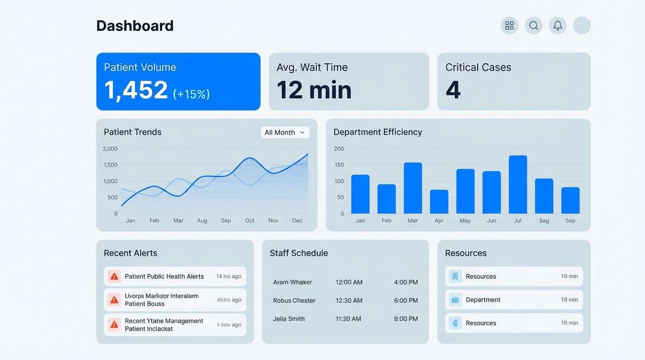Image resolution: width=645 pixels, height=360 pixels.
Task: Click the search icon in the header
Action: (x=533, y=26)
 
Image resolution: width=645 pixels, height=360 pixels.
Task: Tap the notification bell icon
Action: (x=558, y=26)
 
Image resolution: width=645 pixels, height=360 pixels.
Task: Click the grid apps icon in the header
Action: (x=510, y=26)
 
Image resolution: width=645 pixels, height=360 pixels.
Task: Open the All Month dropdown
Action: (x=285, y=133)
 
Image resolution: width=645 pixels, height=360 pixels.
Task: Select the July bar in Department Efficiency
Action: (x=518, y=185)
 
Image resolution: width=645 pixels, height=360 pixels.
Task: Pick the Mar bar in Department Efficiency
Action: (x=413, y=188)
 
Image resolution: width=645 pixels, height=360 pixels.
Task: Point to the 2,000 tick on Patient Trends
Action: (x=110, y=149)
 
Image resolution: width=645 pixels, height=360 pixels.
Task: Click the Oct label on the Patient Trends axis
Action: (x=250, y=221)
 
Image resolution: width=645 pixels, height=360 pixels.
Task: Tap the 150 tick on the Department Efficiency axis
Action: (x=339, y=165)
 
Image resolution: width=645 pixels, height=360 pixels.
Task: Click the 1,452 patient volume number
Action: (x=136, y=90)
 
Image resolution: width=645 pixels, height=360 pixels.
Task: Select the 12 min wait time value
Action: (x=314, y=90)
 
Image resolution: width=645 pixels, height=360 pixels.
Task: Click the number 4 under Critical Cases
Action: (x=453, y=90)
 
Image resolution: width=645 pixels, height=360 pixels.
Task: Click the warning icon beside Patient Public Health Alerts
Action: (x=114, y=277)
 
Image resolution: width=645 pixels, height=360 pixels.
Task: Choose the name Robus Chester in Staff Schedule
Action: (x=294, y=300)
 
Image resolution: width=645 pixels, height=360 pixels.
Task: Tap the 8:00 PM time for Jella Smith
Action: (x=406, y=319)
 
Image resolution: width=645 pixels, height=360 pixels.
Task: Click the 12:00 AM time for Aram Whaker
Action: (x=349, y=282)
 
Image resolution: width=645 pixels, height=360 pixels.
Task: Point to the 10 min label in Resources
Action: (x=569, y=277)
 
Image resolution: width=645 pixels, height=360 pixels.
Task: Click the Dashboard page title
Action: (x=135, y=26)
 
